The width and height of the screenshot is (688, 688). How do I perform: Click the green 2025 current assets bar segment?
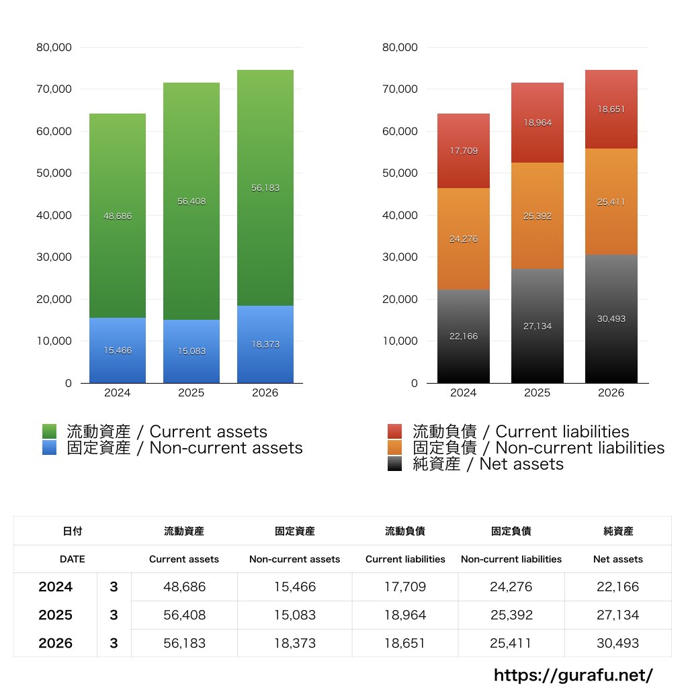pyautogui.click(x=191, y=201)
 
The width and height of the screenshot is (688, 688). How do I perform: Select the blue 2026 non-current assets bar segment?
pyautogui.click(x=265, y=345)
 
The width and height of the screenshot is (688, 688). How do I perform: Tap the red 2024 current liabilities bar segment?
pyautogui.click(x=464, y=151)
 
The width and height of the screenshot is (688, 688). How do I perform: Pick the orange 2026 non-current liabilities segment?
pyautogui.click(x=611, y=202)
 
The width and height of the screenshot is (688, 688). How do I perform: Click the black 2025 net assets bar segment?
pyautogui.click(x=537, y=326)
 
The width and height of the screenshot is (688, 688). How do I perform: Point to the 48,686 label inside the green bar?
pyautogui.click(x=118, y=216)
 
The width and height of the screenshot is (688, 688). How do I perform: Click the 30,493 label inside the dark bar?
pyautogui.click(x=611, y=319)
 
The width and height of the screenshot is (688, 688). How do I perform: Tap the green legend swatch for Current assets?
pyautogui.click(x=49, y=431)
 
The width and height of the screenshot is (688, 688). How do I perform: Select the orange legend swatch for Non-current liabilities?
pyautogui.click(x=394, y=447)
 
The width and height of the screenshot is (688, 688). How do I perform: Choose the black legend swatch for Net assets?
pyautogui.click(x=394, y=464)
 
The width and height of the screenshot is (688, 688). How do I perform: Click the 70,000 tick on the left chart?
pyautogui.click(x=54, y=89)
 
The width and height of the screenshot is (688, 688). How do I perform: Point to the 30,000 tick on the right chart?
pyautogui.click(x=400, y=257)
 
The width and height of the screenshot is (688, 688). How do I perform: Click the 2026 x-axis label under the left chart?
pyautogui.click(x=265, y=392)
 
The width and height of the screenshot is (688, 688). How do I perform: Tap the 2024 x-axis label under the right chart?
pyautogui.click(x=464, y=392)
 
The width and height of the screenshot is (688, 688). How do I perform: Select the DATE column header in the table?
pyautogui.click(x=73, y=559)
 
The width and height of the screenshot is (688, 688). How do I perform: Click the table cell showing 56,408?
pyautogui.click(x=184, y=615)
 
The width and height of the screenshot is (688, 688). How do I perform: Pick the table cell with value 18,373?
pyautogui.click(x=295, y=643)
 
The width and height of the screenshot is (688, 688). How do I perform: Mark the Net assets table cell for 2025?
pyautogui.click(x=618, y=615)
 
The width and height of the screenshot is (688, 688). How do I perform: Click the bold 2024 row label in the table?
pyautogui.click(x=55, y=587)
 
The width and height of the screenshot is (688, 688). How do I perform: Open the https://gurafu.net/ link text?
pyautogui.click(x=574, y=675)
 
